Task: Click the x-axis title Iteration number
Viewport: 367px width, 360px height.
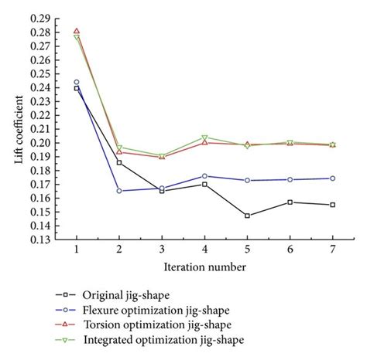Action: click(x=205, y=267)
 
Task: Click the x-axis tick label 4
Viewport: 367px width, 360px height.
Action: click(x=204, y=251)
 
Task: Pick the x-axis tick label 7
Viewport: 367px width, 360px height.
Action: click(x=332, y=251)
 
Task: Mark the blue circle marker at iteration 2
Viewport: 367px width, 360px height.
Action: click(x=119, y=191)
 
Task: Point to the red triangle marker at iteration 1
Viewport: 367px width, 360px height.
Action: click(x=77, y=32)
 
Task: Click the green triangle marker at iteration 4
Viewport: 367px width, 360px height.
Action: click(x=204, y=138)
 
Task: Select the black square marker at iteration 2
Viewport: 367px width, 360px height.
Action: click(x=119, y=162)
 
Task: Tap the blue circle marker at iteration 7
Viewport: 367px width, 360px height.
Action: click(x=332, y=178)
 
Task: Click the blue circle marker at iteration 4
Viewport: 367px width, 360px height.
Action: click(x=204, y=176)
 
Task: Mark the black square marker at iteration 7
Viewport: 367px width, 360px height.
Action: click(x=332, y=205)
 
